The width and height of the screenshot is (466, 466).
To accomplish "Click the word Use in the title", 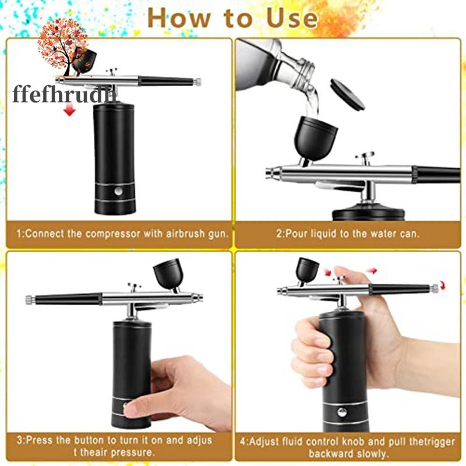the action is point(292,19).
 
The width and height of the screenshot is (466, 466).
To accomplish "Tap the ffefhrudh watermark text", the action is point(64,95).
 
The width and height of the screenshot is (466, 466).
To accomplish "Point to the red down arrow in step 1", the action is point(69,111).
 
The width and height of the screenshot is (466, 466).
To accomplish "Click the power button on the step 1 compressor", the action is point(118,191).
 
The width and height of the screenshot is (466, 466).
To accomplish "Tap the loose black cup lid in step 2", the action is point(347,94).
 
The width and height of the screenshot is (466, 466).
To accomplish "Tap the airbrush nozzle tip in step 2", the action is point(270,172).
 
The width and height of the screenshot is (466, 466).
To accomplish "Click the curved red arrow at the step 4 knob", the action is point(443,285).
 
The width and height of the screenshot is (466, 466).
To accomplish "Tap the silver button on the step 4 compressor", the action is point(342,412).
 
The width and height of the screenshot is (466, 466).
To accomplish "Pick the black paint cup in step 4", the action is point(308,270).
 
